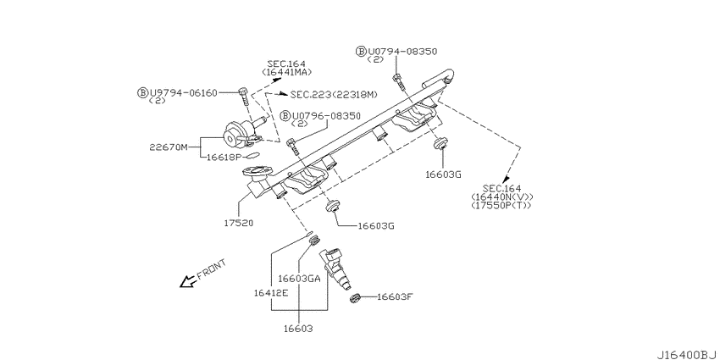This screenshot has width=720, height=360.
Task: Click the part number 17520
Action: (x=239, y=223)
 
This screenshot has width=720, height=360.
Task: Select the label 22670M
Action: (x=169, y=147)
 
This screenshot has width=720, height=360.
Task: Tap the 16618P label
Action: (x=224, y=157)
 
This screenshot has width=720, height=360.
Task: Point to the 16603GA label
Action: (x=299, y=279)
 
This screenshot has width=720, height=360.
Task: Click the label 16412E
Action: (x=271, y=293)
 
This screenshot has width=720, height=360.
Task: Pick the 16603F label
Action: (x=396, y=296)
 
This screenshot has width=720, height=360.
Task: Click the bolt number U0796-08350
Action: (x=326, y=116)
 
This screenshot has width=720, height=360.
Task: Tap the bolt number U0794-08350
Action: (x=402, y=52)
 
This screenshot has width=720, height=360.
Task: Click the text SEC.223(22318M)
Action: (x=334, y=94)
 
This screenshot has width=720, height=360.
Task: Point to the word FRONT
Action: (x=212, y=269)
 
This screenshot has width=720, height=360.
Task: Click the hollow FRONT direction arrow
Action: (x=187, y=281)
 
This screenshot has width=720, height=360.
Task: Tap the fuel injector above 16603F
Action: (x=338, y=269)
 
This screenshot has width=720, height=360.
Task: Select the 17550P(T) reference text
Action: (x=501, y=205)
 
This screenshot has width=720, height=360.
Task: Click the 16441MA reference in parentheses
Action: (x=287, y=72)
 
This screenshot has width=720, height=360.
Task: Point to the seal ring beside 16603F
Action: (x=355, y=299)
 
